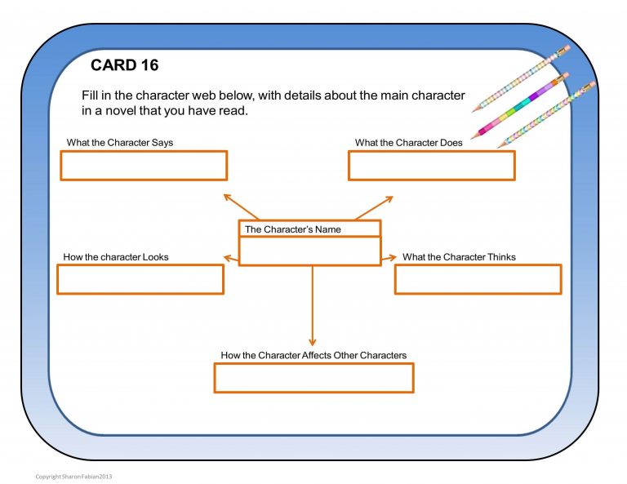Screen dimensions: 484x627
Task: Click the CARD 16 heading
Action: point(124,65)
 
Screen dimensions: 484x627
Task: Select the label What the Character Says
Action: point(120,143)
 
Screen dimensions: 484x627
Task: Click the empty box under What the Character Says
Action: point(144,166)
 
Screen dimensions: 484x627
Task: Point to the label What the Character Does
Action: point(408,143)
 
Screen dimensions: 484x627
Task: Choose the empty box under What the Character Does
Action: point(431,166)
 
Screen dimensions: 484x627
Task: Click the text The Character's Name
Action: point(293,229)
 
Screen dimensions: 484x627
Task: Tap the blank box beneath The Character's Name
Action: point(309,251)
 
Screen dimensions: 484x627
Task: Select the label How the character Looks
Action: point(116,257)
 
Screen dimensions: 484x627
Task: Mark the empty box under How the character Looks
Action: point(140,280)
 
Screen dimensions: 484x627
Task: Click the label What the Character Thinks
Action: point(459,257)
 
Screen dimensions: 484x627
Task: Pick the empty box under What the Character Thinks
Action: point(478,280)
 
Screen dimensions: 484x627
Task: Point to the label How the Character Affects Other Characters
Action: point(313,356)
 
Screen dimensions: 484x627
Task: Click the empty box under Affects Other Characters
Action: point(313,378)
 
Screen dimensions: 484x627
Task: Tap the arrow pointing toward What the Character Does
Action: point(375,207)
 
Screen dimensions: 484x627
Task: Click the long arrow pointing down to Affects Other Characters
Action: point(312,306)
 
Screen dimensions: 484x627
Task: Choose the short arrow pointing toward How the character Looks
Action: point(231,260)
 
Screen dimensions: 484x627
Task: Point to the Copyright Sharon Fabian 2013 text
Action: point(73,477)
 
